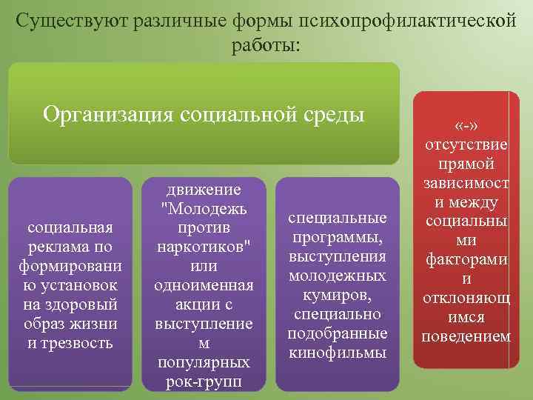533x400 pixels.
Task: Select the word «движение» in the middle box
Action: (204, 189)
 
